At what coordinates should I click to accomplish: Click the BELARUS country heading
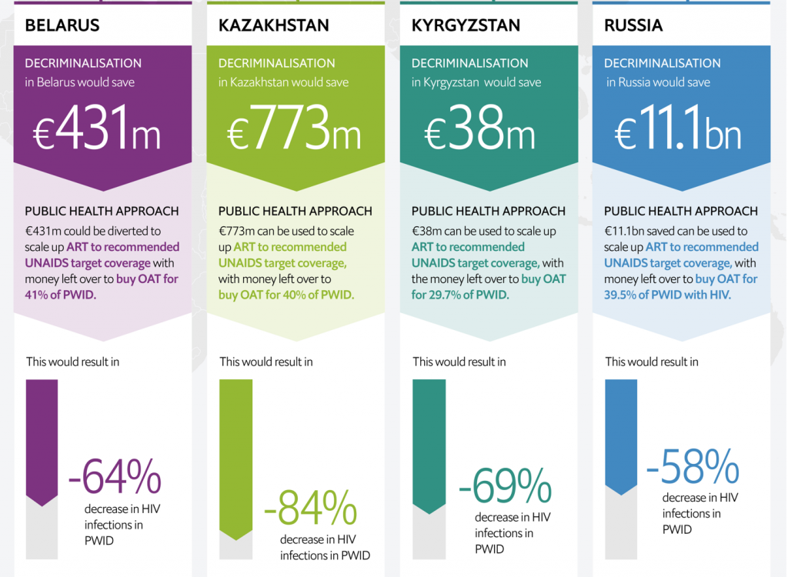62,25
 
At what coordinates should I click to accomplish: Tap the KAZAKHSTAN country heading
273,25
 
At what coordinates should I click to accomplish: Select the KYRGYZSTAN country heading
466,25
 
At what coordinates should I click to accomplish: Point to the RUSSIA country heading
633,25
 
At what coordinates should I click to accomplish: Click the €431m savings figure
97,131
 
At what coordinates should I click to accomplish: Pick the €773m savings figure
294,131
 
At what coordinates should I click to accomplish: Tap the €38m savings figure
480,131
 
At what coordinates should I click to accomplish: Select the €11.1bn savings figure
678,131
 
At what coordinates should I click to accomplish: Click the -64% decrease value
115,477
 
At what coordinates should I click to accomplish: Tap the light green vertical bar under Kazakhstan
235,454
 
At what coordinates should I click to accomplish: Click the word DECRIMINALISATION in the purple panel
83,63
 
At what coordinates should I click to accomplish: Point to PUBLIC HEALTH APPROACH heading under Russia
680,211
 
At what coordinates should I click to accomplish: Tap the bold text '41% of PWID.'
61,294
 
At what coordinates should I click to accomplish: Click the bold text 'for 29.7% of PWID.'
460,294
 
